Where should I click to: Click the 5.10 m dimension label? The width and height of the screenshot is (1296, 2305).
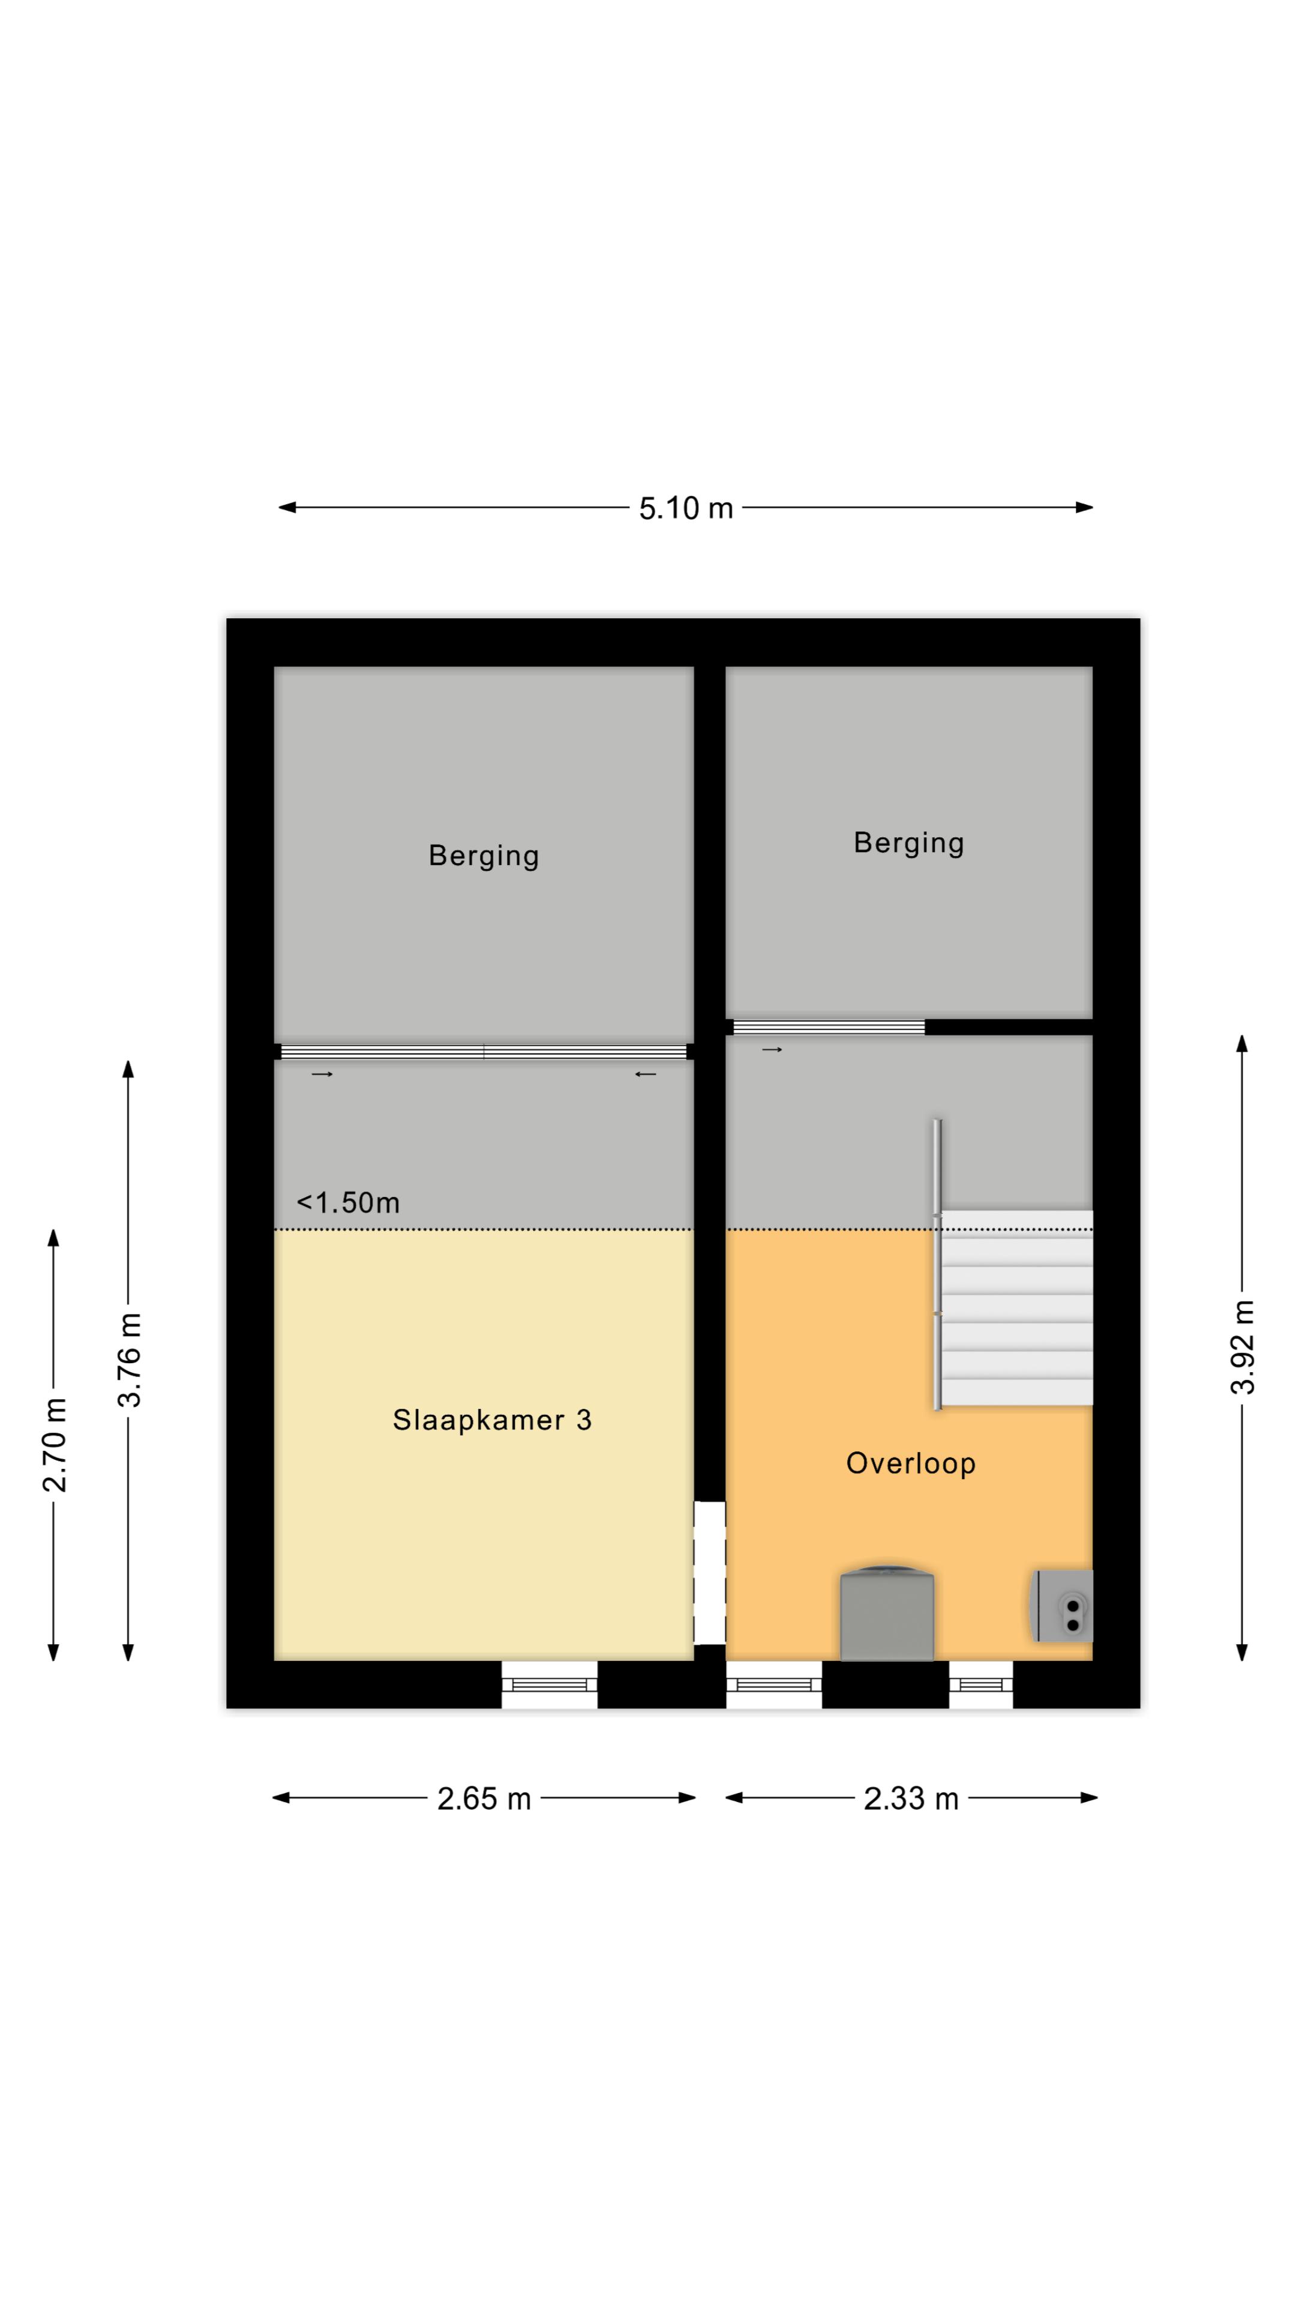click(x=685, y=508)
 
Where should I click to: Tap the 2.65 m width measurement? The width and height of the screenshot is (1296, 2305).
click(x=484, y=1798)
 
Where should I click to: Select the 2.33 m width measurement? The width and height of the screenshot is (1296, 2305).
click(x=911, y=1798)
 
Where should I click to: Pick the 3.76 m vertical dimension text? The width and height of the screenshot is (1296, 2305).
click(x=130, y=1360)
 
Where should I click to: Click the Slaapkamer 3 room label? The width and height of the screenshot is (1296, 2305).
click(x=492, y=1420)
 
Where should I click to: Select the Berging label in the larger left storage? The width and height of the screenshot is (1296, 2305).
click(x=484, y=855)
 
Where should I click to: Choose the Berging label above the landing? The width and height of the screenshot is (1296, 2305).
click(x=909, y=843)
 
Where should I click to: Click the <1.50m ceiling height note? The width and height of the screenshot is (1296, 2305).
click(x=348, y=1202)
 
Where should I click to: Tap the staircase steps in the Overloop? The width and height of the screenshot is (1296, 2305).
click(x=1016, y=1308)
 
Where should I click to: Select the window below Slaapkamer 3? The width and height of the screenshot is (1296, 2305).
click(x=549, y=1685)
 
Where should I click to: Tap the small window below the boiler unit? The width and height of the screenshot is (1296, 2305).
click(x=981, y=1685)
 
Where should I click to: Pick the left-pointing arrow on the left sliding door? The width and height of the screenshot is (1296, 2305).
click(x=645, y=1074)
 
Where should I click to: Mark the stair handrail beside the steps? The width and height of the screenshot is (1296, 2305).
click(x=937, y=1264)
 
